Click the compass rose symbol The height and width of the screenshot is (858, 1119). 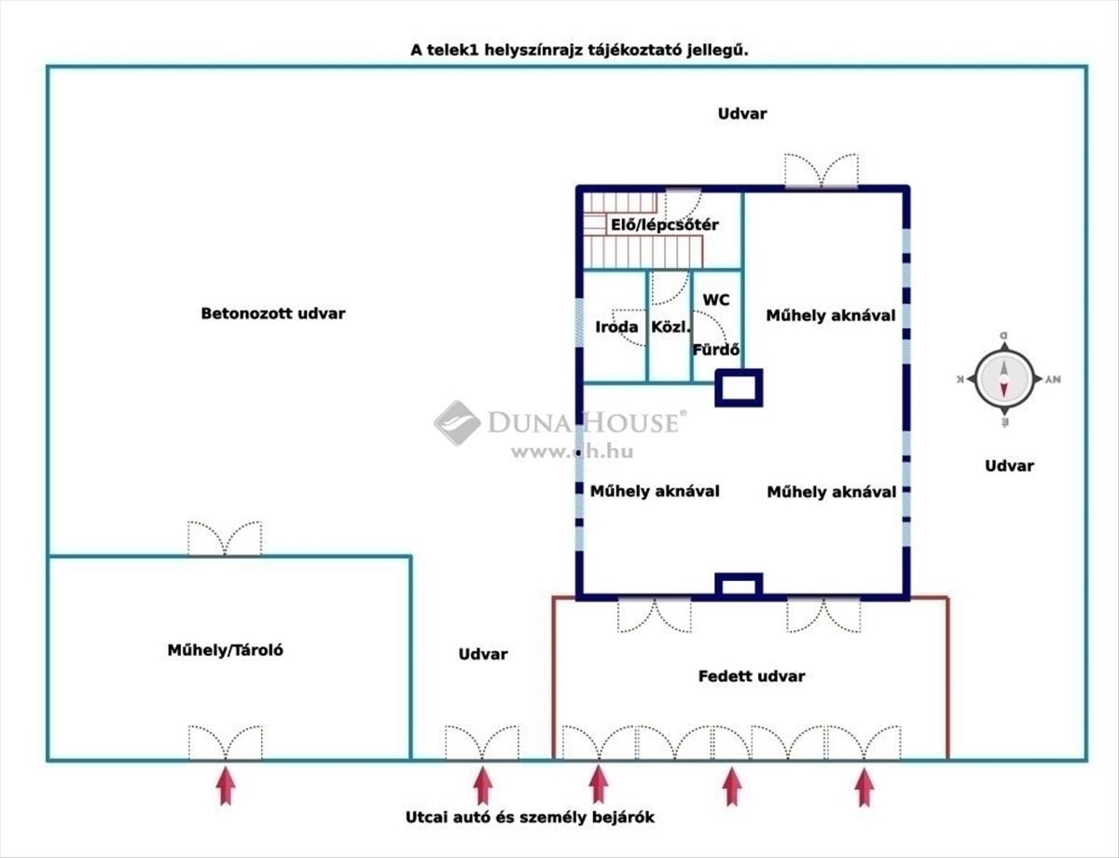pyautogui.click(x=1003, y=380)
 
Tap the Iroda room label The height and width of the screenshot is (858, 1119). pyautogui.click(x=616, y=327)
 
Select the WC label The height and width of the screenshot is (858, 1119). pyautogui.click(x=716, y=300)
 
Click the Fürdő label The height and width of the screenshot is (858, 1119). pyautogui.click(x=716, y=351)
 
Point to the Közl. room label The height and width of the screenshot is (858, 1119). pyautogui.click(x=670, y=327)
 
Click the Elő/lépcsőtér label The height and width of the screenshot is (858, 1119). pyautogui.click(x=664, y=225)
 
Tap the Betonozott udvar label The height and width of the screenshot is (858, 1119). pyautogui.click(x=273, y=313)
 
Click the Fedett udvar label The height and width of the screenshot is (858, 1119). pyautogui.click(x=751, y=676)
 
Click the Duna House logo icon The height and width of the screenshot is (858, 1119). pyautogui.click(x=457, y=422)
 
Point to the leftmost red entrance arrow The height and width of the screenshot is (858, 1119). pyautogui.click(x=226, y=785)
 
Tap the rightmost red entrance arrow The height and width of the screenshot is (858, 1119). pyautogui.click(x=864, y=785)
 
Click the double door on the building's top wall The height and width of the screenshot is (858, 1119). pyautogui.click(x=821, y=172)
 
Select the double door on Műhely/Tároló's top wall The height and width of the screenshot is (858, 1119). pyautogui.click(x=225, y=539)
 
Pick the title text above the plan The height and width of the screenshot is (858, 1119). pyautogui.click(x=580, y=50)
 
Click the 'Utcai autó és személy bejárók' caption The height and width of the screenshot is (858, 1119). pyautogui.click(x=530, y=817)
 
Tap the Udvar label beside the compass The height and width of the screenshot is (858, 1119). pyautogui.click(x=1009, y=465)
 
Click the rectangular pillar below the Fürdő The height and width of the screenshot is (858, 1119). pyautogui.click(x=739, y=387)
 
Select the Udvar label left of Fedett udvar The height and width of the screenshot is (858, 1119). pyautogui.click(x=483, y=654)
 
